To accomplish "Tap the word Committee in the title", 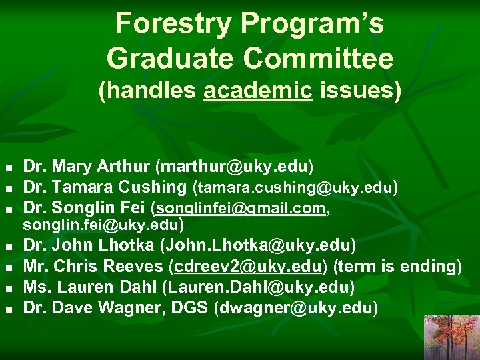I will [x=319, y=59].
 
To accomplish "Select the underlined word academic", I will [x=258, y=91].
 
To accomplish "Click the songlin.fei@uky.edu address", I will [x=101, y=224].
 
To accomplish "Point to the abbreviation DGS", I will [x=213, y=308].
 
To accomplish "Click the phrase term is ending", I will [x=397, y=267].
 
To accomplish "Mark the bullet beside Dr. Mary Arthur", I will [x=8, y=167].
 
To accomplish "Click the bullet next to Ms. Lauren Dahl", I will [x=8, y=289].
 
